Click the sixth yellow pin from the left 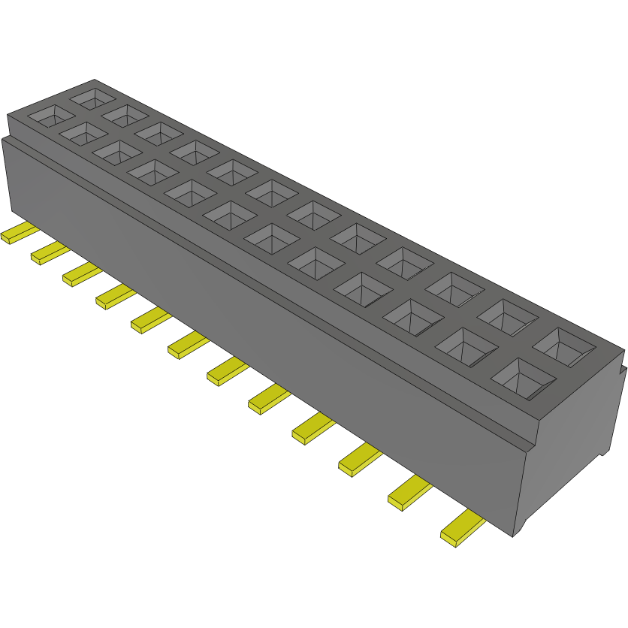pyautogui.click(x=187, y=346)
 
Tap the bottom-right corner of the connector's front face pyautogui.click(x=513, y=536)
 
